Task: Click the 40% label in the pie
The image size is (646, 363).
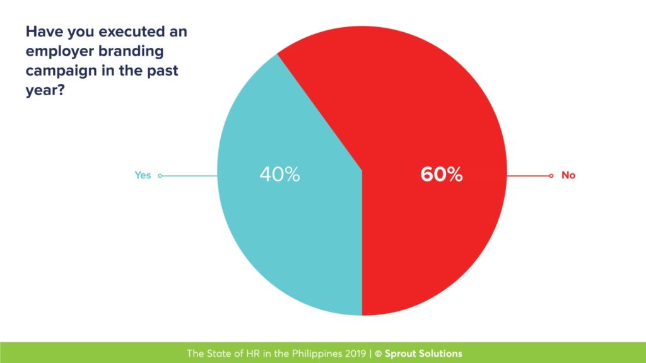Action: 279,175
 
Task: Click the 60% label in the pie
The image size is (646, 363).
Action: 442,175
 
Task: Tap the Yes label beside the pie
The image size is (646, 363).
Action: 143,175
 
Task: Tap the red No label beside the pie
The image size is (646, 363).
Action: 568,175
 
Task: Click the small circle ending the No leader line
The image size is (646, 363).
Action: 551,176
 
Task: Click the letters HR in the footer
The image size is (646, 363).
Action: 243,354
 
